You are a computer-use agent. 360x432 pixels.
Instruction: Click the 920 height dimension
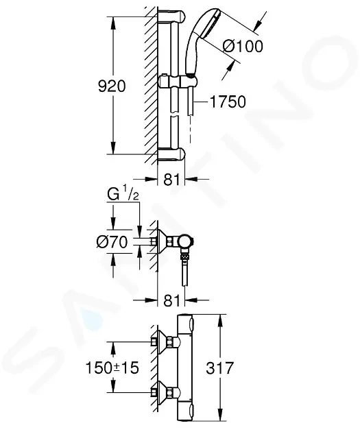pyautogui.click(x=112, y=86)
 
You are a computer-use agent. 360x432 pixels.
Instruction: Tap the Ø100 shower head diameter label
pyautogui.click(x=243, y=46)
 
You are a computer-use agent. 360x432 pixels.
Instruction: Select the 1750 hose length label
pyautogui.click(x=228, y=102)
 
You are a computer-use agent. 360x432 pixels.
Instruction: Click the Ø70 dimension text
pyautogui.click(x=112, y=242)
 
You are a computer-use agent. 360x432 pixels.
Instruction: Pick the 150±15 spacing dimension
pyautogui.click(x=112, y=368)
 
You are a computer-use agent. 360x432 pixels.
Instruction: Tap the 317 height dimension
pyautogui.click(x=220, y=368)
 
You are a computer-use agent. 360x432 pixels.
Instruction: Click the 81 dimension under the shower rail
pyautogui.click(x=171, y=180)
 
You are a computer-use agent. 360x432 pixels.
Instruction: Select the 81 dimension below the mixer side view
pyautogui.click(x=171, y=300)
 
